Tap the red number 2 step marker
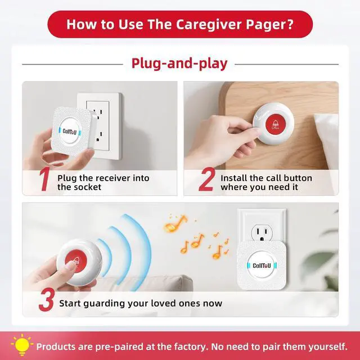point(206,182)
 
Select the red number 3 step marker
point(46,301)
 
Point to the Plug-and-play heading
point(179,63)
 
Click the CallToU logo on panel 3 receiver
point(262,265)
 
